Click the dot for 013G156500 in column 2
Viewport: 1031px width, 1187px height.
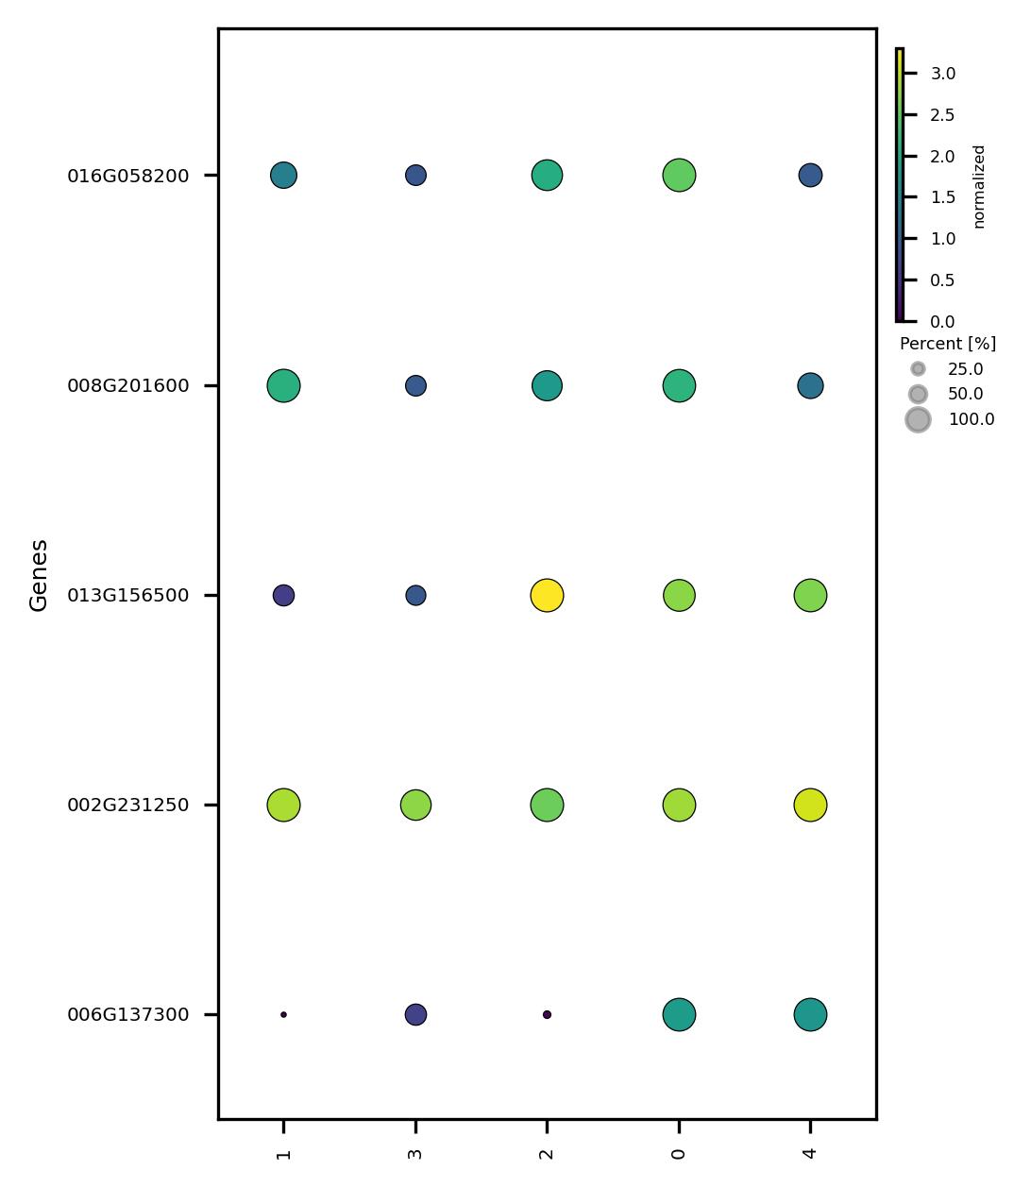tap(547, 596)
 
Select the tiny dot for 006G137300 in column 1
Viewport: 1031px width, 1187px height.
tap(283, 1015)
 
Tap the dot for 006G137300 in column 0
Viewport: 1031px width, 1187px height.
tap(679, 1015)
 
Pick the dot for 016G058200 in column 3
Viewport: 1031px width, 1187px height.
tap(415, 176)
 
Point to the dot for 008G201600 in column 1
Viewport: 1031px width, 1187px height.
tap(283, 386)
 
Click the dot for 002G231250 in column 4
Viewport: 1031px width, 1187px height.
tap(810, 805)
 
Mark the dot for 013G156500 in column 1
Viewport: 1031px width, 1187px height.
tap(283, 596)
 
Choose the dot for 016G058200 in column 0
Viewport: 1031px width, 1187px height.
tap(679, 176)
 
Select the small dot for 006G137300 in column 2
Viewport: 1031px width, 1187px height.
tap(547, 1015)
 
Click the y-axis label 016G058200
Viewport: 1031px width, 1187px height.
tap(127, 176)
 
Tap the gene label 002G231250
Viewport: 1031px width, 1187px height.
tap(127, 805)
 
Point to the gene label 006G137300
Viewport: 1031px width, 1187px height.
tap(127, 1015)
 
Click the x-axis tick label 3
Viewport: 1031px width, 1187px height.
tap(415, 1154)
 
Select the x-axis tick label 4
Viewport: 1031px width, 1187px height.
tap(810, 1154)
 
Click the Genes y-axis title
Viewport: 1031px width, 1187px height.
tap(39, 575)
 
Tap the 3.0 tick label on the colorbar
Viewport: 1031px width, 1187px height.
tap(942, 74)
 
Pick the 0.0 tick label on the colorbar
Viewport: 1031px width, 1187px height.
tap(942, 322)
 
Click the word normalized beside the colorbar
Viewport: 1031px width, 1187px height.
tap(979, 186)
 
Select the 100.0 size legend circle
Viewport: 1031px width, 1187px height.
tap(918, 420)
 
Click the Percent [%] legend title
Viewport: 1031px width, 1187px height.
tap(947, 344)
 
